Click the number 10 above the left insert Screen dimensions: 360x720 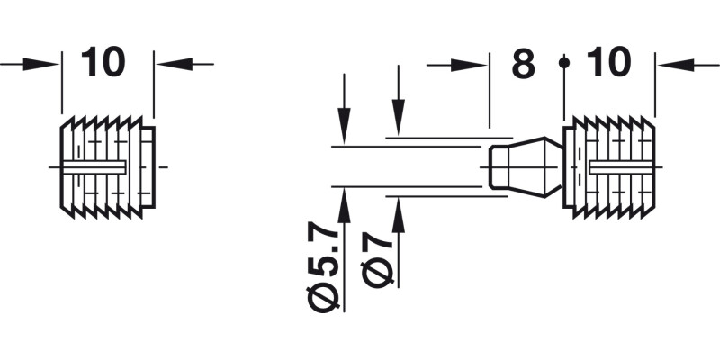point(103,63)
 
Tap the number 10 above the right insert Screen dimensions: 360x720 point(608,63)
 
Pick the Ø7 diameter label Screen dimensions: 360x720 point(379,260)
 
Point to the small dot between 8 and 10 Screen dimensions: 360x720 point(563,63)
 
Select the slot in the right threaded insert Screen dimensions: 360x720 point(621,167)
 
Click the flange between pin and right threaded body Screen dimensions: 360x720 point(568,167)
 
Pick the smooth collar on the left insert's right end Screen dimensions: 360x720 point(149,167)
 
